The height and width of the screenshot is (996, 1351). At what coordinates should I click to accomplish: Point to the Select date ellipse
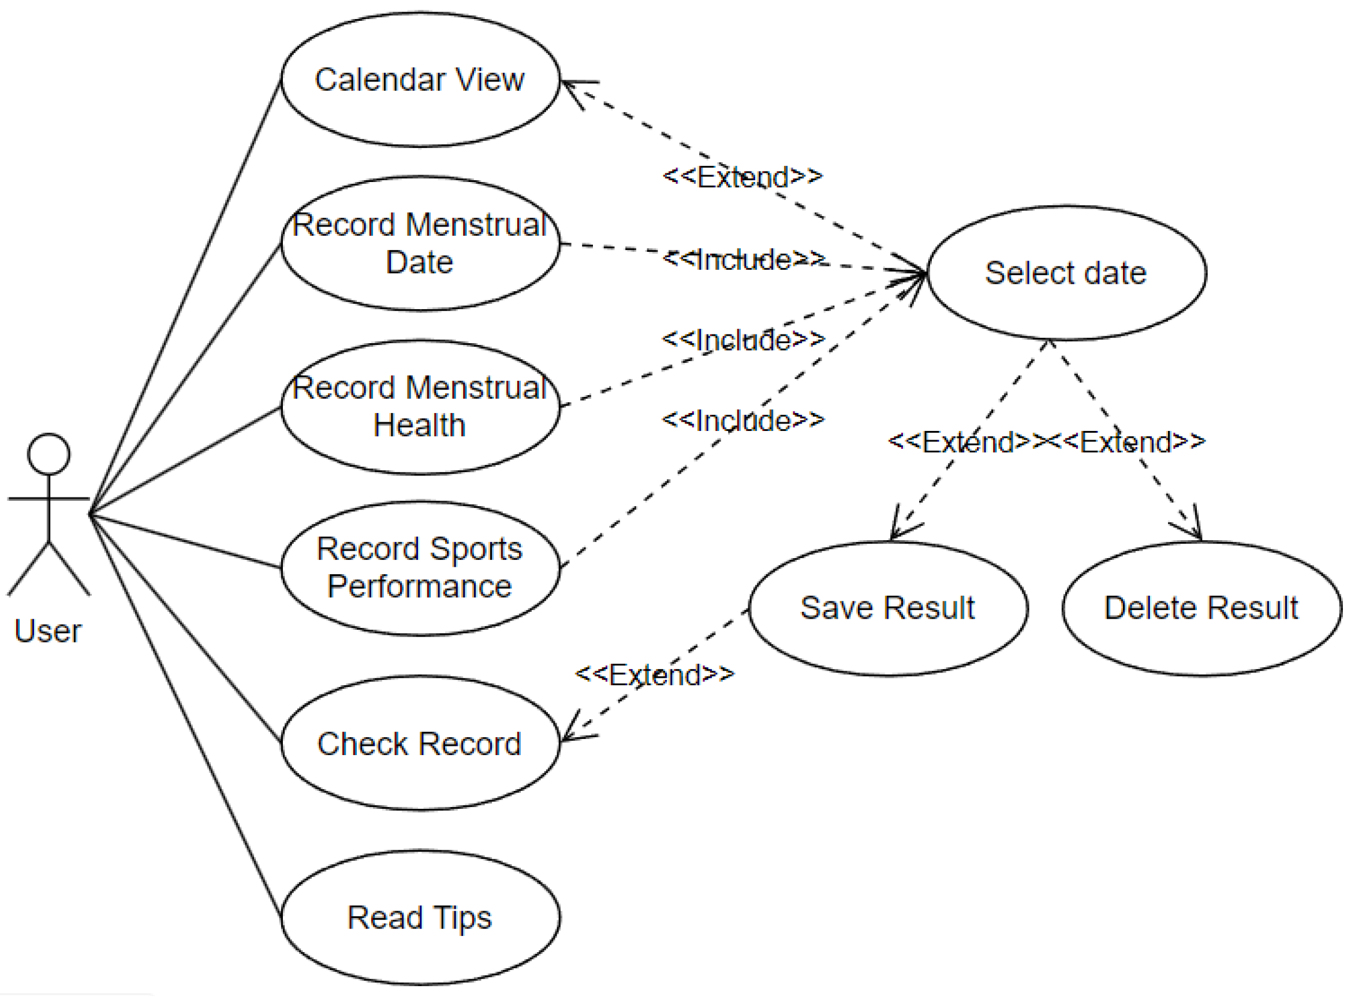coord(1066,273)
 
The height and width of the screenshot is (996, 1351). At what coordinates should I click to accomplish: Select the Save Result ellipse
coord(888,608)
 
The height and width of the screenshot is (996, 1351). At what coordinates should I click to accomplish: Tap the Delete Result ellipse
coord(1201,608)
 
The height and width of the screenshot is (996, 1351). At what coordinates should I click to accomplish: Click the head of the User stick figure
coord(49,454)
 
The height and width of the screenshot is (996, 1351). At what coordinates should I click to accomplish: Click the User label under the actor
coord(47,631)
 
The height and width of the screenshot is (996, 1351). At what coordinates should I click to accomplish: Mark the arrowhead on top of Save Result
coord(904,522)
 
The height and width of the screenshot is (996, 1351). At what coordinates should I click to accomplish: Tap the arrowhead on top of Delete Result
coord(1187,522)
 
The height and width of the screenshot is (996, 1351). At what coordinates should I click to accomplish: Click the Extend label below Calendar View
coord(742,177)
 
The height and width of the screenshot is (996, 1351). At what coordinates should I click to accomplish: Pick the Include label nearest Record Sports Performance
coord(743,420)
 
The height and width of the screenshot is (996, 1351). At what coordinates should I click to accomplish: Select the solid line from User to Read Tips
coord(185,716)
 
